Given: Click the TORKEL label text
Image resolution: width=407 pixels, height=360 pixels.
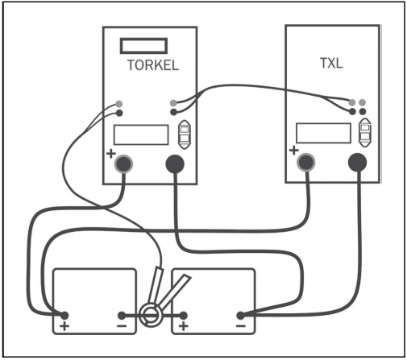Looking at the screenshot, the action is click(x=153, y=65).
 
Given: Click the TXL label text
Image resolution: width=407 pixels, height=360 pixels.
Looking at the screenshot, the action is click(x=331, y=64).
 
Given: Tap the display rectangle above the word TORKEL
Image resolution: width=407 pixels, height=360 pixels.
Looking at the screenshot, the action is click(x=143, y=46).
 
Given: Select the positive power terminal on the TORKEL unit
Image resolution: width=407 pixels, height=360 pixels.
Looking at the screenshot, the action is click(x=123, y=163).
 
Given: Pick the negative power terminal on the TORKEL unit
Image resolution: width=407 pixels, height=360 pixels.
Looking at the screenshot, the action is click(x=175, y=163).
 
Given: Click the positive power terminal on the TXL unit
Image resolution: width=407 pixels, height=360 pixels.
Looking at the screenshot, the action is click(x=306, y=162).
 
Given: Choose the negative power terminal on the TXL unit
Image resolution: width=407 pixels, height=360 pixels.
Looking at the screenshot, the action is click(x=357, y=162).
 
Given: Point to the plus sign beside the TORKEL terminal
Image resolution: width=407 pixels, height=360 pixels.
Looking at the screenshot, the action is click(x=110, y=154).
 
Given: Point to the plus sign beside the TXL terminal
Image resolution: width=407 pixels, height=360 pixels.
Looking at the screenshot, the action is click(x=294, y=151).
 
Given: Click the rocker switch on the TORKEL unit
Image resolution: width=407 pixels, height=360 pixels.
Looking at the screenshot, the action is click(x=185, y=134).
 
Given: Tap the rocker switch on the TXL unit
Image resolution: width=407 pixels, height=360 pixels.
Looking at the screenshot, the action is click(x=365, y=132).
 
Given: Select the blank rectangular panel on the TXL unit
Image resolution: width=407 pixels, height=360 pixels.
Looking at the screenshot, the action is click(x=323, y=133).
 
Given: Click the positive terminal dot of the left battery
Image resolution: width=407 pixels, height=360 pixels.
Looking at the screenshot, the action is click(x=64, y=315).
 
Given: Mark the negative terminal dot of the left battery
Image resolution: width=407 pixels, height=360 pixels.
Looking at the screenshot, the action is click(x=122, y=315).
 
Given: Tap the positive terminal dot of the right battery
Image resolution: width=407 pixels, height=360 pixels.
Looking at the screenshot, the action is click(x=183, y=315).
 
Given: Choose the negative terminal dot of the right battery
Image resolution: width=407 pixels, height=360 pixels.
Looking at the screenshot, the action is click(x=240, y=315).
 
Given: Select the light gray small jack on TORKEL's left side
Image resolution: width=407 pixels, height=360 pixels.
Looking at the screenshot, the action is click(x=119, y=104).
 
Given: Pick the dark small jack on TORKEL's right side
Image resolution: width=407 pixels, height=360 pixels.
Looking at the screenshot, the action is click(x=174, y=112).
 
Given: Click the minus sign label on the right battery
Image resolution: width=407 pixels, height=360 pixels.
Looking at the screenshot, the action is click(x=241, y=326).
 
